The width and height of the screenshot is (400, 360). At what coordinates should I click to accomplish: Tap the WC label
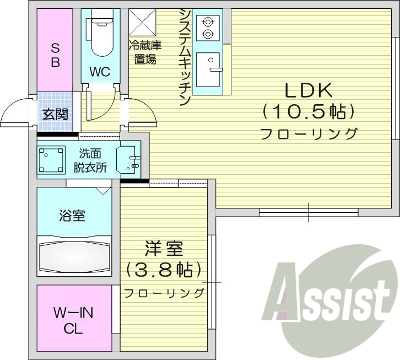tap(100, 72)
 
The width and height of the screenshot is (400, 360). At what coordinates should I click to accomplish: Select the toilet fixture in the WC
tap(100, 36)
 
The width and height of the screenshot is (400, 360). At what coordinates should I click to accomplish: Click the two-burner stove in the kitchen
tap(208, 28)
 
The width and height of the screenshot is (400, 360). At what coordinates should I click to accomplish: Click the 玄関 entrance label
tap(55, 115)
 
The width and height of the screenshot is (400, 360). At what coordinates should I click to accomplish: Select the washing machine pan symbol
tap(51, 160)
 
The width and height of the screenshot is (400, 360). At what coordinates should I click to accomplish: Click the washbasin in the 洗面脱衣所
tap(130, 159)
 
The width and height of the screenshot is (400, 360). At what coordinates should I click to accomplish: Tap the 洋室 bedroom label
tap(164, 249)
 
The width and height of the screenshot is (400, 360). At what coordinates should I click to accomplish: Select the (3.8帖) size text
tap(164, 270)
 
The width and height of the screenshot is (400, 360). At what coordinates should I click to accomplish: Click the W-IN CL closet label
tap(73, 321)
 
